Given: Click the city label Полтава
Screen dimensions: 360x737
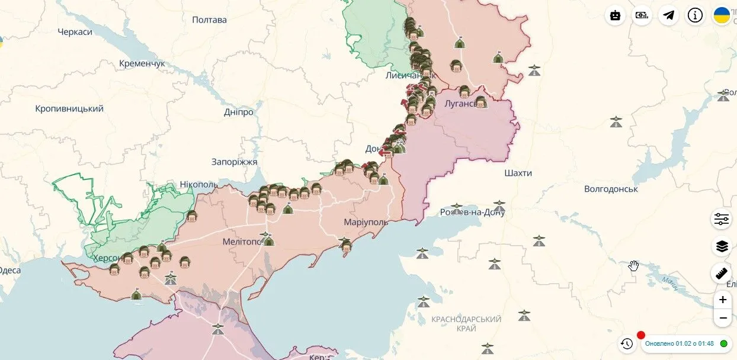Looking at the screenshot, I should pos(209,20).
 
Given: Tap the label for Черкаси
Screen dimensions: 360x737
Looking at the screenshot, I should pos(75,31).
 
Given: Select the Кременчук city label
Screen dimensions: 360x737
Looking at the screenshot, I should pos(142,63).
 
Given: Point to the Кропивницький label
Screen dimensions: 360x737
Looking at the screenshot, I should pos(69,108).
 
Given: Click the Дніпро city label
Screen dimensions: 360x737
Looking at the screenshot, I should pos(239,112).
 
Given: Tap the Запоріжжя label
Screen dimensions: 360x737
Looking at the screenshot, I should pos(235,162).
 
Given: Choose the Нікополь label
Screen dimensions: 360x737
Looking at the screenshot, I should pos(199,185).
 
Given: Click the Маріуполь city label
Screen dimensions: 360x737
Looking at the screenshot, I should pos(366,222).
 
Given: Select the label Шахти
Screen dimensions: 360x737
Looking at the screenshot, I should pos(518,173).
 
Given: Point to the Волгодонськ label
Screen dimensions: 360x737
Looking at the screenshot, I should pos(611,189).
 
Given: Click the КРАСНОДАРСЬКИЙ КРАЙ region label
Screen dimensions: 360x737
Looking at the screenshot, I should pos(466,323).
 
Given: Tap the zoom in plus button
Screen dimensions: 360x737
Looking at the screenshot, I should pos(722,300).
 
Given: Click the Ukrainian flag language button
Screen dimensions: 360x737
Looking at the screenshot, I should pos(722,15).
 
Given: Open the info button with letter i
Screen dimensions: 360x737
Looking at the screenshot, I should pos(695,15).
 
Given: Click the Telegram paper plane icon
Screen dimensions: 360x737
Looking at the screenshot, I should pos(668,15).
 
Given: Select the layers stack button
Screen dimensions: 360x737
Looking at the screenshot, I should pos(721,246).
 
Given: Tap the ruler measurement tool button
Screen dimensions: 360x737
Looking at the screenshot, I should pos(721,273).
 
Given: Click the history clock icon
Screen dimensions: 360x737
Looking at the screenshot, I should pos(627,343).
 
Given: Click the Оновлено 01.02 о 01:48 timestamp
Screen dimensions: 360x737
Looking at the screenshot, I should pos(679,343).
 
